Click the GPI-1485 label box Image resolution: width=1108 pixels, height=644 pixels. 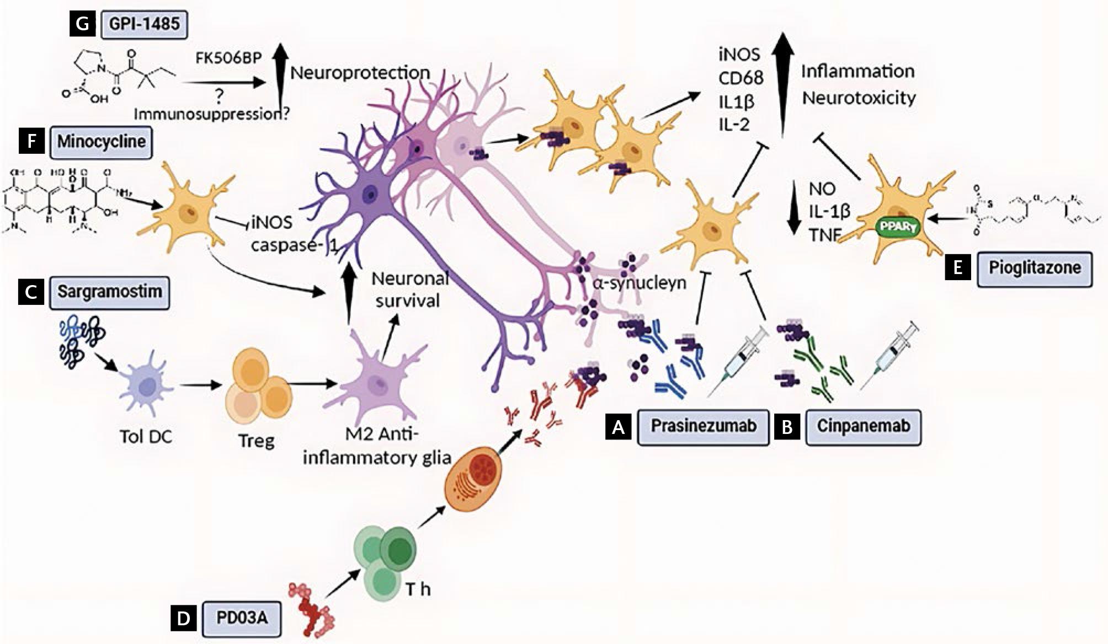144,25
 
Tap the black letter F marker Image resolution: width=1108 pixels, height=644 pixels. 31,141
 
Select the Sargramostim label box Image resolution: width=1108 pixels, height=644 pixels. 109,292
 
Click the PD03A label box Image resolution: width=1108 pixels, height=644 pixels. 241,618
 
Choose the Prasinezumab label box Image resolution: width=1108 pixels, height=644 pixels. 703,426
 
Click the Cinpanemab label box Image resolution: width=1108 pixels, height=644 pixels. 863,426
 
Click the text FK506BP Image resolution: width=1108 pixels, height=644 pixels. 228,58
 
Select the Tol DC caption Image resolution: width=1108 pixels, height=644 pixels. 146,437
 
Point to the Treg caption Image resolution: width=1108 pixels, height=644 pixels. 256,441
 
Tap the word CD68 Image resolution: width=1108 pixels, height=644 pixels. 741,78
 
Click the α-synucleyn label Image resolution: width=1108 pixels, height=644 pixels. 640,283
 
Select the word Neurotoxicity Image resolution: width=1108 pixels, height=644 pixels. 859,98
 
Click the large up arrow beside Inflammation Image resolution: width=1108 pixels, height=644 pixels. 782,77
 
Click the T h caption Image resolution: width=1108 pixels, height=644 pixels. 418,589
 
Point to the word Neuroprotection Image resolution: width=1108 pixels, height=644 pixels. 360,73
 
